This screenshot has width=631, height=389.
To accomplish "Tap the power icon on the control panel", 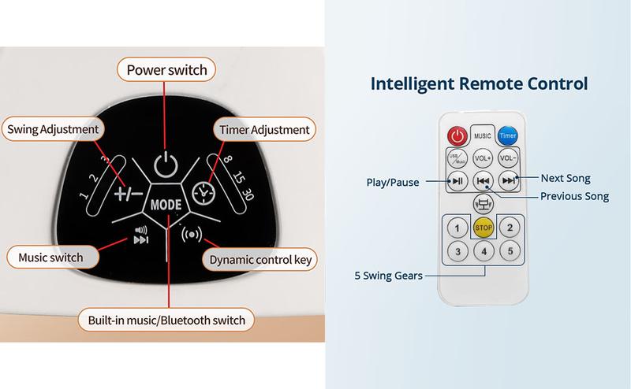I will click(x=163, y=166).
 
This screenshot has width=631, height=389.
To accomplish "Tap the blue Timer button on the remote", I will click(x=506, y=135).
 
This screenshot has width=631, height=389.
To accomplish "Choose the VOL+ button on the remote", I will click(x=483, y=157).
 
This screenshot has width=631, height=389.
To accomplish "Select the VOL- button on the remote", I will click(x=507, y=157).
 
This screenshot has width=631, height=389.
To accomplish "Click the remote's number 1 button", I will click(x=455, y=228).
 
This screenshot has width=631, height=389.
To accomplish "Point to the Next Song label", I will click(x=566, y=179).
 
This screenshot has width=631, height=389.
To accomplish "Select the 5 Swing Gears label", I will click(x=389, y=276).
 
